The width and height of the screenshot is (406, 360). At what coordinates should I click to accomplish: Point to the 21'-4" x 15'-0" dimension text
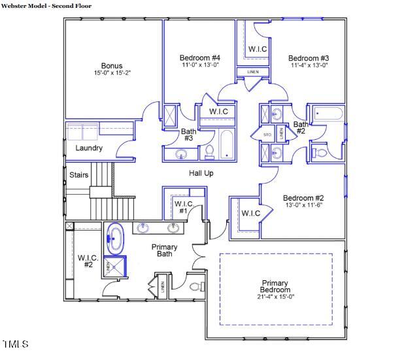(x=275, y=297)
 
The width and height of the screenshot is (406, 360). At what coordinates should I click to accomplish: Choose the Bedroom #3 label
(x=308, y=58)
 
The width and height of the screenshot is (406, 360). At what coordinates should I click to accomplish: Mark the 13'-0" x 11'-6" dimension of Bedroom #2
(x=303, y=205)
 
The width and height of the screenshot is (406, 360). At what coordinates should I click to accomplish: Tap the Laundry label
(x=89, y=148)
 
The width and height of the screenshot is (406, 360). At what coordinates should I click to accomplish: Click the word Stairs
(x=79, y=175)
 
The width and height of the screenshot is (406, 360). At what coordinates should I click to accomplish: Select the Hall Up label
(x=201, y=173)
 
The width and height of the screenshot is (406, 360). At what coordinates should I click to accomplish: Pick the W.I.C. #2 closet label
(x=86, y=261)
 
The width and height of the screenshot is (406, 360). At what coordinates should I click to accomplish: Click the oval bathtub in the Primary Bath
(x=116, y=238)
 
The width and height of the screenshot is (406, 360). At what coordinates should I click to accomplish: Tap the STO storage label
(x=267, y=135)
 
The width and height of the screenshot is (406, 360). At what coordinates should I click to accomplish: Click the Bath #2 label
(x=300, y=127)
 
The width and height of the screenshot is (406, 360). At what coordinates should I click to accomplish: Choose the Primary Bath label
(x=164, y=251)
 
